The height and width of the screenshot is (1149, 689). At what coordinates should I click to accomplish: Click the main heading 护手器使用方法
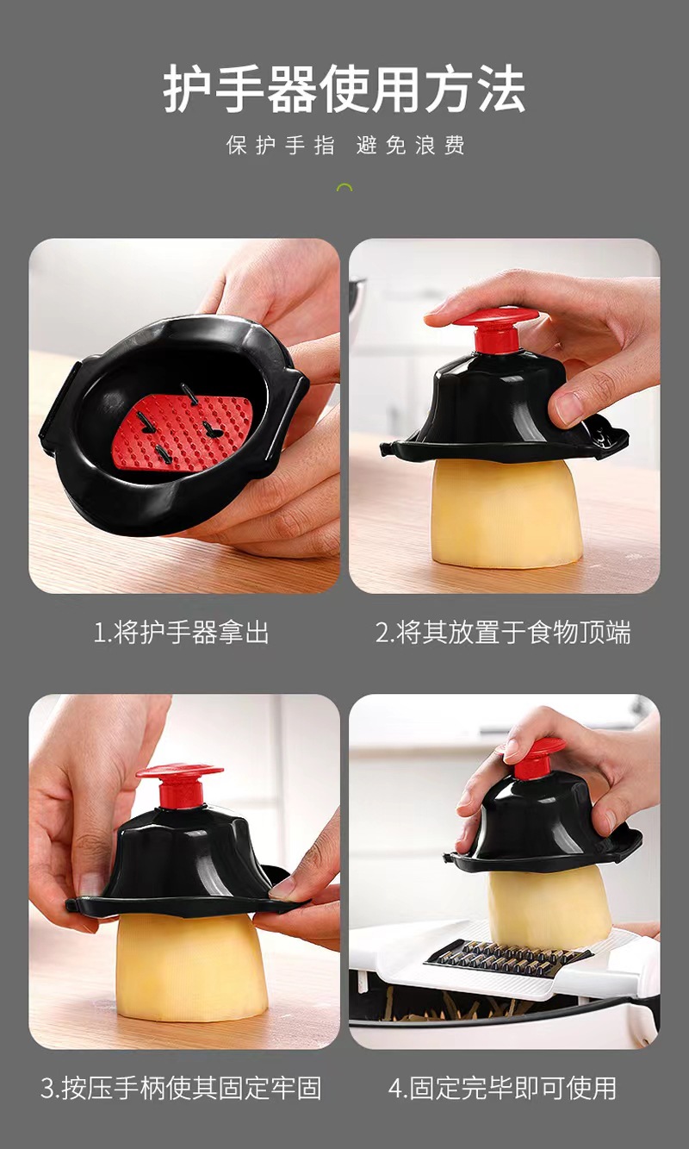coord(344,89)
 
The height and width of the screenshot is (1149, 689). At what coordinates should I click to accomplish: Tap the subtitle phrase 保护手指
coord(281,145)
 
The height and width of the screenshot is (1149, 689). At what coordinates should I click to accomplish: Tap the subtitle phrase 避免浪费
coord(411,145)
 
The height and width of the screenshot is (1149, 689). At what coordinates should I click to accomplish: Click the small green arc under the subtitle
coord(344,187)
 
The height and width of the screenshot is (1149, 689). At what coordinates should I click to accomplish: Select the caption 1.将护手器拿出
coord(181,632)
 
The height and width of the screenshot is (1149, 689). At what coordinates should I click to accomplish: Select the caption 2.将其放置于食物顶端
coord(503,632)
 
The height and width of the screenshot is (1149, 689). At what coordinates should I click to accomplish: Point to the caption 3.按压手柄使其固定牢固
coord(181,1088)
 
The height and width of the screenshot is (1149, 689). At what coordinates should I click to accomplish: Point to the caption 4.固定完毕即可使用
coord(503,1088)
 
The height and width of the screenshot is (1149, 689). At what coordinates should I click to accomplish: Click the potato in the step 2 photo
coord(505,513)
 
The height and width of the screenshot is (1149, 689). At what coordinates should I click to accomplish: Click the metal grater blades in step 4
coord(507,957)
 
